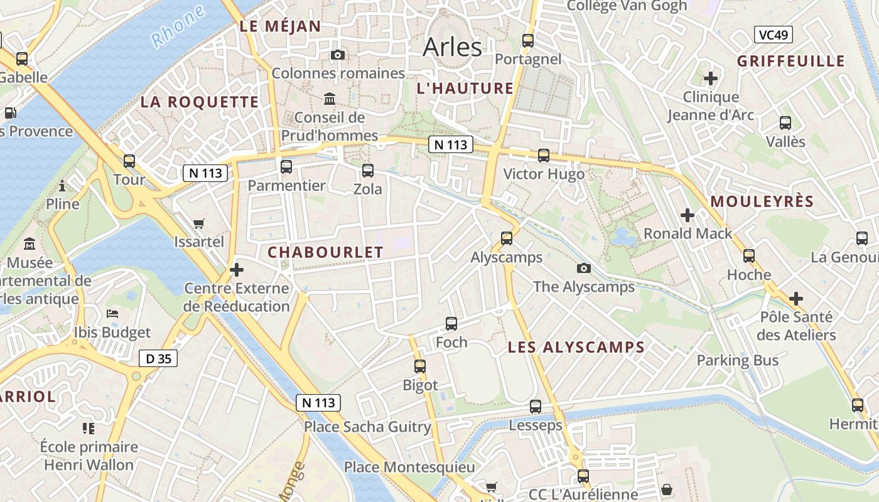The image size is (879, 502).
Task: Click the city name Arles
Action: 452,47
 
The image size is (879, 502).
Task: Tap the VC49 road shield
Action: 773,35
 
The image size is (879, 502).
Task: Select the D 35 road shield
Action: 158,358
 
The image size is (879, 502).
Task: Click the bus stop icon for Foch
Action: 451,324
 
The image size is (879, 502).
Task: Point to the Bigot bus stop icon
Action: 420,366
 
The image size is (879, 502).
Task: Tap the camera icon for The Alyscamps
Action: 584,269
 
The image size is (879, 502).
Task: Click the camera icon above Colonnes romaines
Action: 338,55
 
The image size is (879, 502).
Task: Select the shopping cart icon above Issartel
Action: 199,223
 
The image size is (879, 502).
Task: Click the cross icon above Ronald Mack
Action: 688,215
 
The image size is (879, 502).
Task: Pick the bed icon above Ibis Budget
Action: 112,314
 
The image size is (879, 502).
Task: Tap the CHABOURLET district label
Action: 325,252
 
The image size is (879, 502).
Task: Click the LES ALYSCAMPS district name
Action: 576,347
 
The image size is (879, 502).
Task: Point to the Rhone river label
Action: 178,26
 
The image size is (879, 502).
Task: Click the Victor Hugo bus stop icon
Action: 544,156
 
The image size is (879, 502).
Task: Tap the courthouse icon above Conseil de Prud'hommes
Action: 330,99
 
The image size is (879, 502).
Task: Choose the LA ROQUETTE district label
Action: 199,102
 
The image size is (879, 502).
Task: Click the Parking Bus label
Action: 737,360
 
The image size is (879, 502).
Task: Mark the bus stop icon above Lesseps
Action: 536,407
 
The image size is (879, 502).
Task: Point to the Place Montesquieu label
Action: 409,467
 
